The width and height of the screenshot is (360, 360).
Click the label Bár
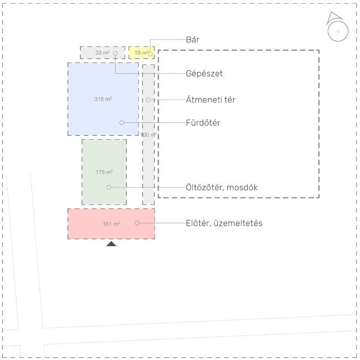click(x=193, y=40)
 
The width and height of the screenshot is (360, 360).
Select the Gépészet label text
click(x=204, y=74)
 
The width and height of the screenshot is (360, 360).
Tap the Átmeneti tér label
click(x=210, y=100)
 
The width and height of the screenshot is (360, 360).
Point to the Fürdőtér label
click(x=203, y=123)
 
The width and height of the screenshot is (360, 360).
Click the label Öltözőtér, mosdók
click(x=222, y=188)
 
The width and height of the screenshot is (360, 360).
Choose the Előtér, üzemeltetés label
click(x=224, y=223)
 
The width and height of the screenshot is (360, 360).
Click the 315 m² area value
click(x=103, y=99)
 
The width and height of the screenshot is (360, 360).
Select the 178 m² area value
click(x=104, y=172)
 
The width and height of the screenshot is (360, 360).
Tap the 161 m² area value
click(x=111, y=224)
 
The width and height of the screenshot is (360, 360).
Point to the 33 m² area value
click(x=103, y=52)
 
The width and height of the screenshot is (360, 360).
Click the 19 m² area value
click(x=141, y=52)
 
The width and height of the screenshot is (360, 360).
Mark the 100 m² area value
click(x=149, y=135)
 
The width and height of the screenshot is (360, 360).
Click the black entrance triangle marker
click(x=111, y=244)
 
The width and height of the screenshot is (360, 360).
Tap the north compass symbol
click(x=337, y=30)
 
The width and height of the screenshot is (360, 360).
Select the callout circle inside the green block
click(x=109, y=187)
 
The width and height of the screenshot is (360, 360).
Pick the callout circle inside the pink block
click(x=137, y=223)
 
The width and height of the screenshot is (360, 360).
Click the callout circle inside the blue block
click(x=122, y=122)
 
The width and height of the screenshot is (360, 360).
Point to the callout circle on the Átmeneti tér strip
click(x=148, y=100)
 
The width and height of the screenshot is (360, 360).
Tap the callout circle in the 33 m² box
click(x=115, y=53)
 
